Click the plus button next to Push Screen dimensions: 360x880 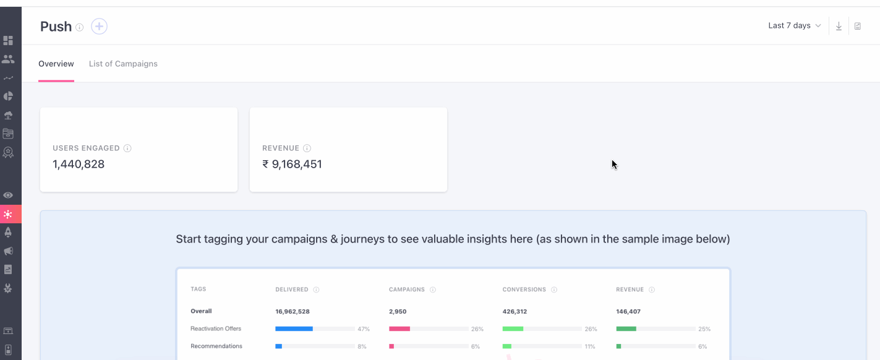[x=99, y=26]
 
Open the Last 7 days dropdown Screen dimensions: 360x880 [x=794, y=26]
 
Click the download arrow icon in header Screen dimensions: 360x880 [x=839, y=26]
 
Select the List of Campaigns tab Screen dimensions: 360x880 [x=123, y=64]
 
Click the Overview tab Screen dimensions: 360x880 [x=56, y=64]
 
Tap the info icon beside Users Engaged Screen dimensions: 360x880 [x=127, y=148]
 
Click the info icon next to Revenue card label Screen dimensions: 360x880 [x=307, y=148]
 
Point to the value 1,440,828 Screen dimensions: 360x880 [x=79, y=165]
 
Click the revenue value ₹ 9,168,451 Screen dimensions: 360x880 [x=292, y=165]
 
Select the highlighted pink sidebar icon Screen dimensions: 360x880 [x=8, y=214]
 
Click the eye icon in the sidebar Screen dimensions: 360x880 [x=8, y=195]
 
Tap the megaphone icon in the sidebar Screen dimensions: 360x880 [x=8, y=251]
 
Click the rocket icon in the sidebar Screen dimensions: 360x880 [x=8, y=233]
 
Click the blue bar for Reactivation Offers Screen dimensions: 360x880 [x=294, y=329]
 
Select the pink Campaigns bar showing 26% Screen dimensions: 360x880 [x=399, y=329]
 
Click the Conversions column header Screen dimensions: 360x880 [x=524, y=289]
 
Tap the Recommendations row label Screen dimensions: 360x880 [x=216, y=346]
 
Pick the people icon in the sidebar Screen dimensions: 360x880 [x=8, y=59]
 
